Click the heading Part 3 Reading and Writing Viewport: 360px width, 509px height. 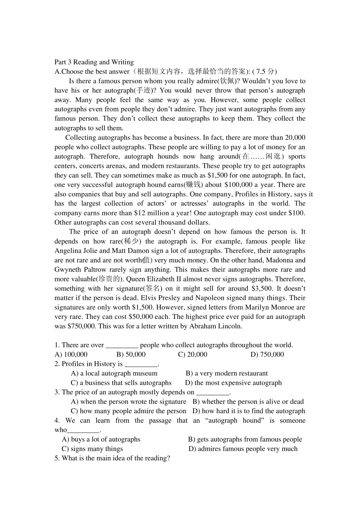point(94,62)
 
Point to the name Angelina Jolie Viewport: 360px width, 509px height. point(76,251)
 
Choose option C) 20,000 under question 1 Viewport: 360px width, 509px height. point(193,354)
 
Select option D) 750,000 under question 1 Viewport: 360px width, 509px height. point(267,354)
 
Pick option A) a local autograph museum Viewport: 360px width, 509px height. point(114,373)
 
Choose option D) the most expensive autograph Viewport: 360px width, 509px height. point(233,383)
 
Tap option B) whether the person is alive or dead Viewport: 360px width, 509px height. point(248,402)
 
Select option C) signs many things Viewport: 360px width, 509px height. point(92,449)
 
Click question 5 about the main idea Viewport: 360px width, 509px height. point(112,458)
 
